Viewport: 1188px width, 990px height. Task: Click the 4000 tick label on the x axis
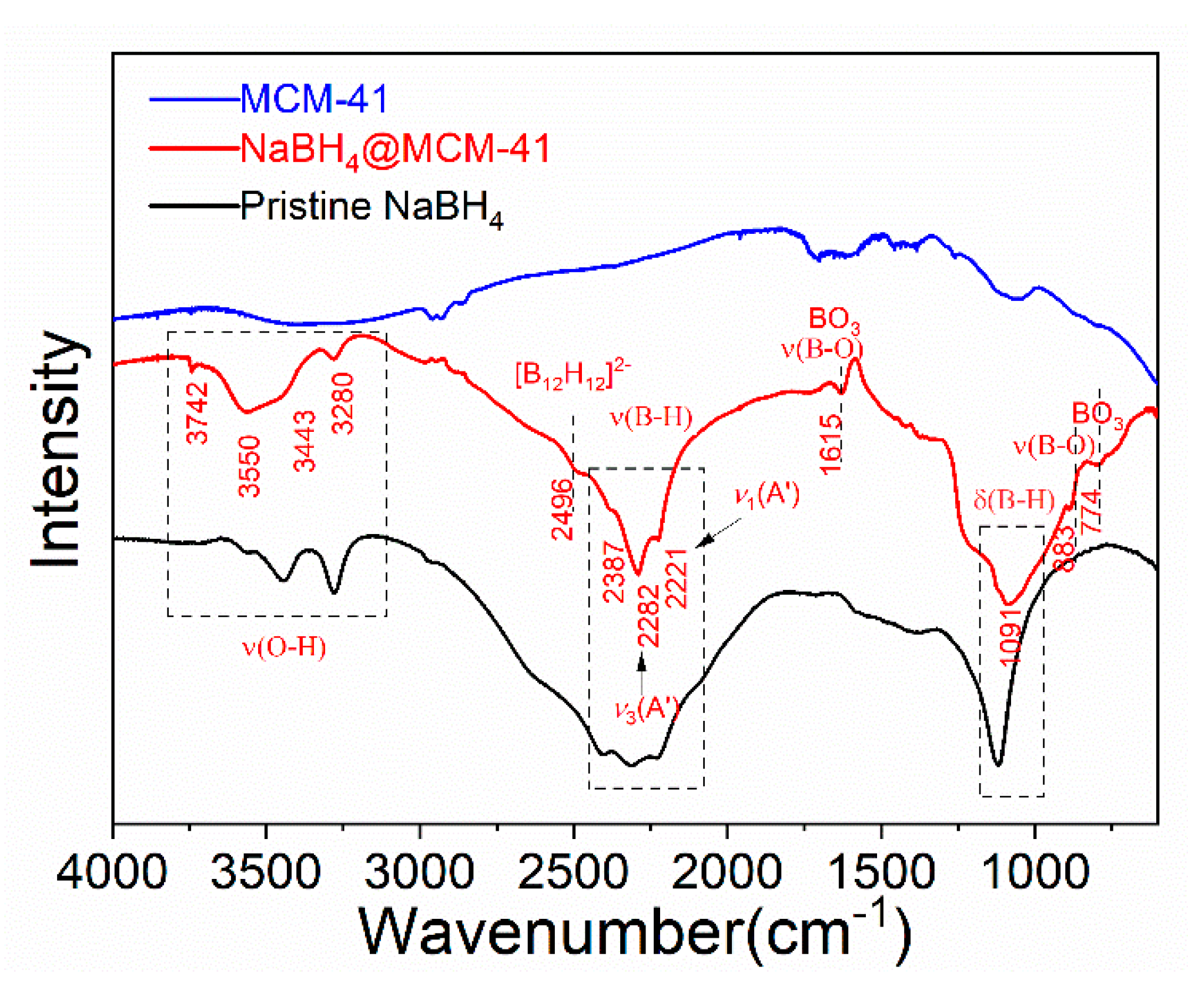coord(112,872)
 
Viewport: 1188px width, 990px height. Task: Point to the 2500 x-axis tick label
coord(573,872)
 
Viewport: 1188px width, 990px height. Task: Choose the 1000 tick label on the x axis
coord(1035,872)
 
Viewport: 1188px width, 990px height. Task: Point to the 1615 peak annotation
coord(831,444)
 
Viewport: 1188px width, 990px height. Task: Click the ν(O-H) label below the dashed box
coord(285,647)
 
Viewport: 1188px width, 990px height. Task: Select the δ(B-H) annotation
coord(1014,500)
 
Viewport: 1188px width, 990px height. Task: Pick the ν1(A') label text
coord(767,495)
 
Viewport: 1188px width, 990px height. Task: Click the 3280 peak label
coord(343,404)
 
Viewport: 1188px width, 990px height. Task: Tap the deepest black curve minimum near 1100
coord(998,764)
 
